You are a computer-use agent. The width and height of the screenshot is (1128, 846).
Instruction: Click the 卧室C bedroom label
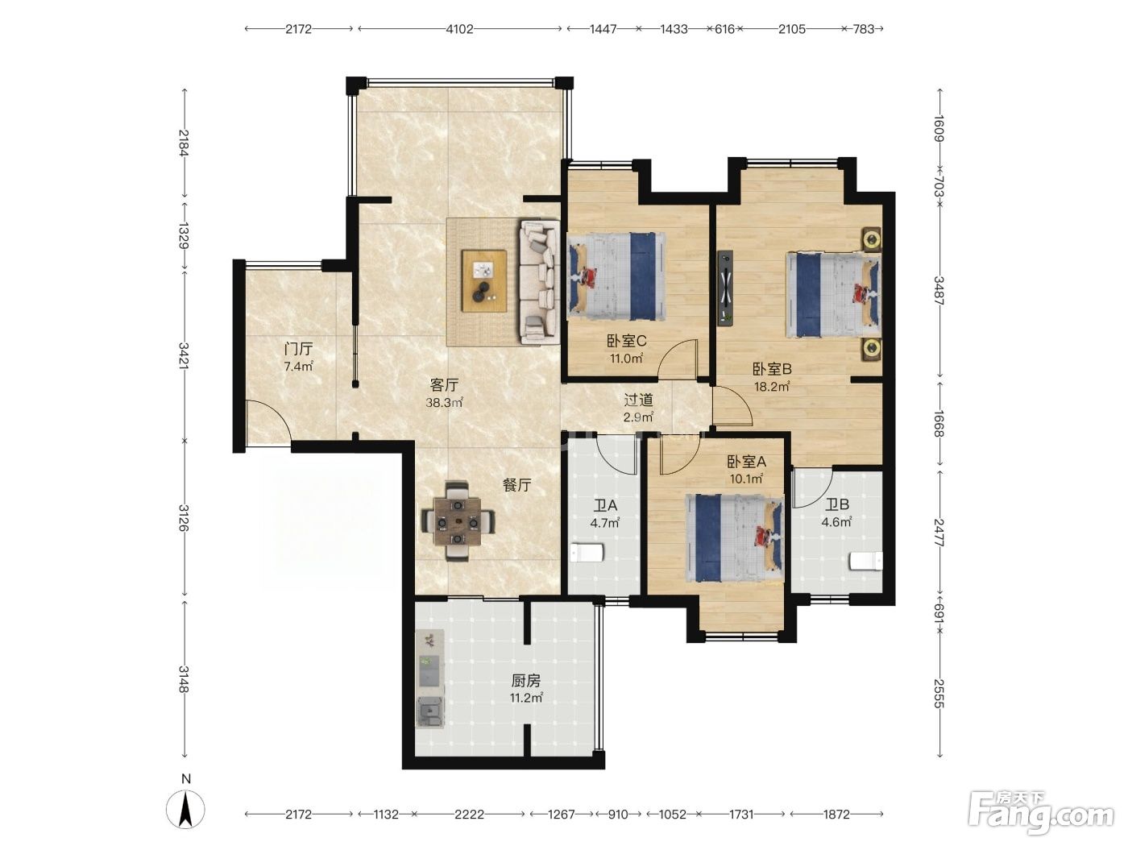[x=626, y=341]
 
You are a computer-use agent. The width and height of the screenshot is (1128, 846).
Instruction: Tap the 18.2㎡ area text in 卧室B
[x=771, y=386]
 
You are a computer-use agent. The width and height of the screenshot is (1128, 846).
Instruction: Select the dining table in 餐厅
[x=458, y=521]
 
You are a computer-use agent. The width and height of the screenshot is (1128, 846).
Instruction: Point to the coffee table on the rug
[x=484, y=280]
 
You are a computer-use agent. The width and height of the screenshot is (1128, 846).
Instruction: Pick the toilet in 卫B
[x=866, y=561]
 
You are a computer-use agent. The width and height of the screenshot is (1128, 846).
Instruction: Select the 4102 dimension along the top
[x=459, y=29]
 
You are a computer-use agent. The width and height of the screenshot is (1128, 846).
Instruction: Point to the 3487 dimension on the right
[x=939, y=291]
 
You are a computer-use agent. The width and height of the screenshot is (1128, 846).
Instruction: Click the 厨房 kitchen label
[x=525, y=681]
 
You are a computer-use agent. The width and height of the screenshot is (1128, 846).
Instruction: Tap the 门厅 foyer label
[x=299, y=350]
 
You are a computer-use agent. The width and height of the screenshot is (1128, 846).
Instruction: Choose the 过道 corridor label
[x=638, y=400]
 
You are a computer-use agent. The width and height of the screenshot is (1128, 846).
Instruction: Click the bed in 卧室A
[x=735, y=538]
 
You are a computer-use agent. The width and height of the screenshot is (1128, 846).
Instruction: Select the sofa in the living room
[x=540, y=281]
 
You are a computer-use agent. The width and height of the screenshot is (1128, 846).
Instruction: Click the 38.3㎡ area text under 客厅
[x=444, y=403]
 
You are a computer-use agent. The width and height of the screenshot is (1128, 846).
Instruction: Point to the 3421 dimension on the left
[x=184, y=355]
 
